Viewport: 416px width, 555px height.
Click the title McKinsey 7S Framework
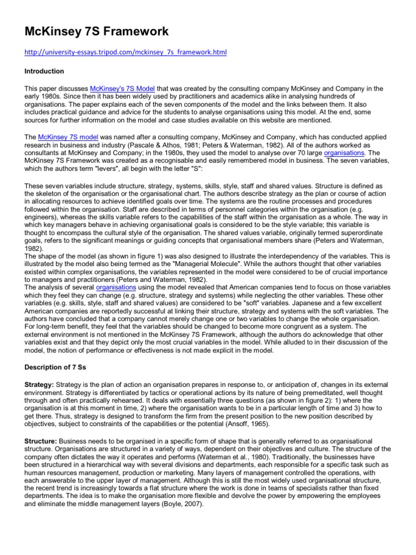[x=96, y=31]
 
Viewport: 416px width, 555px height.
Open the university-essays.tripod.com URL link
[x=126, y=53]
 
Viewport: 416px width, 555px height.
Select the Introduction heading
[x=44, y=72]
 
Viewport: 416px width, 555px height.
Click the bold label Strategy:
[x=40, y=384]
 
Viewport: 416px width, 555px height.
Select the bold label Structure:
[x=41, y=442]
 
